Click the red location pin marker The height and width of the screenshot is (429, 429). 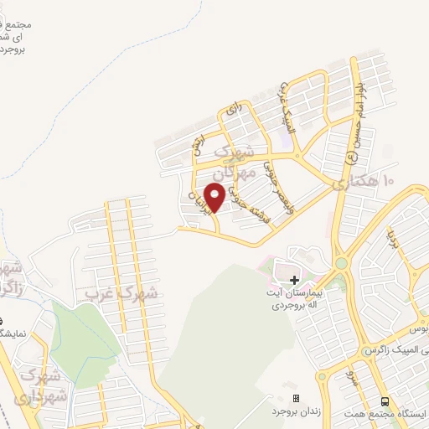[x=214, y=196]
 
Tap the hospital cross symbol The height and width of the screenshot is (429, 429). [x=294, y=279]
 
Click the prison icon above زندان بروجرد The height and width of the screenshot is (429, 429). [x=295, y=397]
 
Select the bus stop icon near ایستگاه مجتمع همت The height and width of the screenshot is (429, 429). [x=385, y=401]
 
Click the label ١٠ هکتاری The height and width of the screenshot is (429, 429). [x=364, y=182]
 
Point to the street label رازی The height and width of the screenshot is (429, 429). [x=234, y=109]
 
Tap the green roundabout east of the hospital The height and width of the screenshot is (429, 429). [x=341, y=263]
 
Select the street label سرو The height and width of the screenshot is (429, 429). [x=354, y=375]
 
